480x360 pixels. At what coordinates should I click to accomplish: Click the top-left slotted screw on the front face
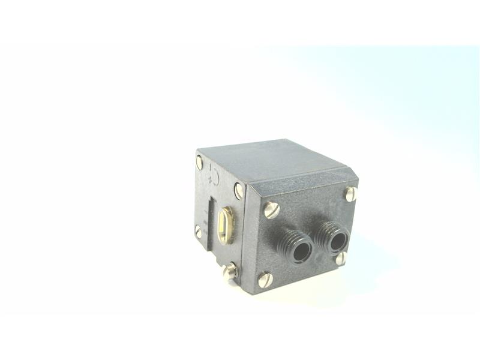(271, 209)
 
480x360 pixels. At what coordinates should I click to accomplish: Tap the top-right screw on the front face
(351, 193)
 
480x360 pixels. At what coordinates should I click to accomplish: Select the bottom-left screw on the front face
(265, 279)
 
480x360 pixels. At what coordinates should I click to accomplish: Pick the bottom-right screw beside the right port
(341, 258)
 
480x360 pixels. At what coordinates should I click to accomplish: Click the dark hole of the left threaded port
(301, 248)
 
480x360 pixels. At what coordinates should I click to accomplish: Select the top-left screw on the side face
(199, 162)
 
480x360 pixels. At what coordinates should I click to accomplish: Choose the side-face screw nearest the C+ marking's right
(238, 191)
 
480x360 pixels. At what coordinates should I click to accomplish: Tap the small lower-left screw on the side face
(198, 230)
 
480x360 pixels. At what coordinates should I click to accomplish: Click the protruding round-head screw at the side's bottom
(230, 272)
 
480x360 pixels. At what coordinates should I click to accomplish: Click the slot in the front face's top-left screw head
(271, 209)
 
